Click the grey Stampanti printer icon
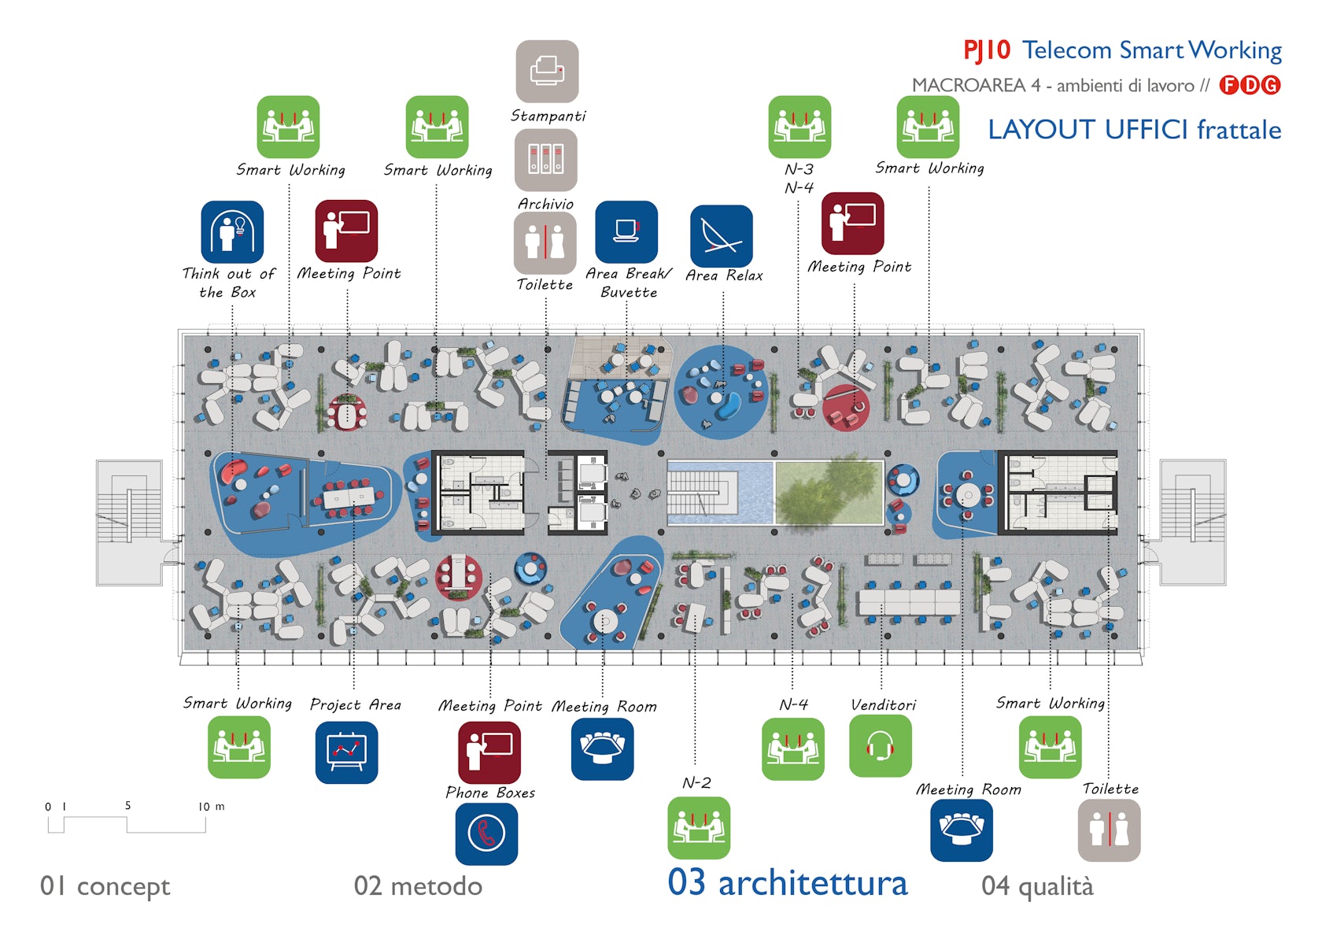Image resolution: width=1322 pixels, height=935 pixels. (547, 72)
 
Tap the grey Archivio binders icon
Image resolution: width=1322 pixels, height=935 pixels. (546, 160)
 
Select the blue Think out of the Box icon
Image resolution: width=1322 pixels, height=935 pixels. (232, 232)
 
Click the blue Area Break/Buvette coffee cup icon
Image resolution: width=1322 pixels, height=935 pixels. (626, 232)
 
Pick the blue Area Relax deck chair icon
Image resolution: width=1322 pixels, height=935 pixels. (722, 236)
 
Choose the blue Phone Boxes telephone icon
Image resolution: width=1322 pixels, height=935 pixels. (486, 834)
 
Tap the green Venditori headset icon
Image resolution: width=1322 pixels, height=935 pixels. (881, 745)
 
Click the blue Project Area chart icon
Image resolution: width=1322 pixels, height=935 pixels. (346, 752)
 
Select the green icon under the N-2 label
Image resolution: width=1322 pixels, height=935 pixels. (699, 828)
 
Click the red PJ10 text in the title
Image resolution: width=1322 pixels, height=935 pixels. (987, 50)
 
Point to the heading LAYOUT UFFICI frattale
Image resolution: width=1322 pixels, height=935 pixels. (1134, 130)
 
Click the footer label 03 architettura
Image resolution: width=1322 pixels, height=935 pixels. (787, 883)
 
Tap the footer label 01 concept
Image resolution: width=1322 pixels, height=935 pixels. (105, 886)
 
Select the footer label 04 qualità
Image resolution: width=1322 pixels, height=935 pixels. (1037, 886)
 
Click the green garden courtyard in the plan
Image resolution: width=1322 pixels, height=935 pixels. (829, 493)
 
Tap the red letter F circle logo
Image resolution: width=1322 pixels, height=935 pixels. (1228, 85)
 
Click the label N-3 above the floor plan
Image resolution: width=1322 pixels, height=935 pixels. (799, 169)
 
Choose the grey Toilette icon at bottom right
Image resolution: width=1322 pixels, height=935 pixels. (1109, 830)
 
